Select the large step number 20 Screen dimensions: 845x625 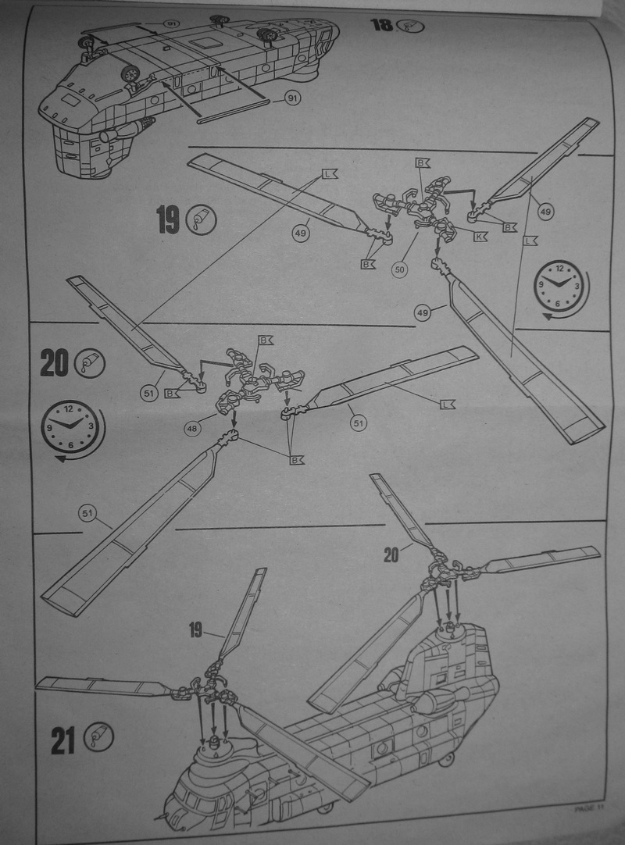pos(55,364)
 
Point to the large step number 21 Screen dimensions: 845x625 pos(64,739)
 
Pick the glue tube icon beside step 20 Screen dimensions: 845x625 pos(91,362)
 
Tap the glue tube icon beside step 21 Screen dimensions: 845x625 pos(100,736)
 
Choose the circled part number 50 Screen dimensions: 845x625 pos(400,269)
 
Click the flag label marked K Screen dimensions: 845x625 pos(480,235)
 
